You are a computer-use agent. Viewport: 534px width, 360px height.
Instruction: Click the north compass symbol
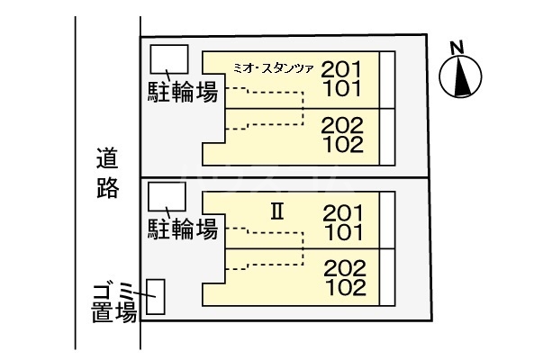point(460,76)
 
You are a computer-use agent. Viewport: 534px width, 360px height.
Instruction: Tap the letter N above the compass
point(457,47)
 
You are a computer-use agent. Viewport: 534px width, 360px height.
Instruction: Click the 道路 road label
point(108,175)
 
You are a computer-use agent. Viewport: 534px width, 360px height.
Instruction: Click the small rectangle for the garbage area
point(157,296)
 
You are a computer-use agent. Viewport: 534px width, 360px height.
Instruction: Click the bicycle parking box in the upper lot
point(168,59)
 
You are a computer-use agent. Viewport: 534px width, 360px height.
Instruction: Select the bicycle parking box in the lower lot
point(167,196)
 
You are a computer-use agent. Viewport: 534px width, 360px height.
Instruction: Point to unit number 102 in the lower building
point(344,288)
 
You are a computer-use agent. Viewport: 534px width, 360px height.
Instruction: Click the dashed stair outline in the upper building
point(270,108)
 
